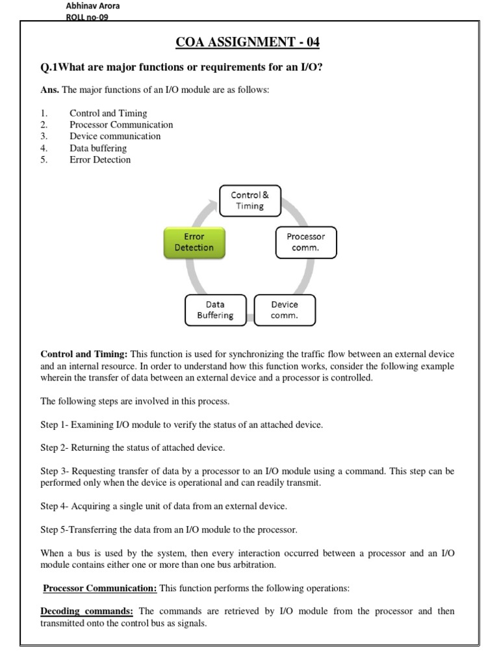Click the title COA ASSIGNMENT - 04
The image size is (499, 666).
(248, 43)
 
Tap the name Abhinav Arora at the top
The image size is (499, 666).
(93, 6)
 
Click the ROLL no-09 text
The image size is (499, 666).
(87, 18)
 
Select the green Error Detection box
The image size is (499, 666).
(194, 242)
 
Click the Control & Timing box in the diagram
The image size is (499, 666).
(250, 200)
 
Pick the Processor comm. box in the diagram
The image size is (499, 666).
(305, 242)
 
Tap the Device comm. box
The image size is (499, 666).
(285, 310)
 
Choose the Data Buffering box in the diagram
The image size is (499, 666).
(215, 310)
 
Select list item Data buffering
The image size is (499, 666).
(98, 148)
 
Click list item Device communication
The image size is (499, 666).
(115, 137)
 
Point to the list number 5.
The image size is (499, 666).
(44, 160)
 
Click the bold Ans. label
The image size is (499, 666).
(49, 90)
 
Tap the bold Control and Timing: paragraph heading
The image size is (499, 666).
(84, 354)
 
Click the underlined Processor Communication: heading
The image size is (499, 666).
(100, 589)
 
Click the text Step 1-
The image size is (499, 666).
(55, 425)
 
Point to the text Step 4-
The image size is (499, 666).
(55, 505)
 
